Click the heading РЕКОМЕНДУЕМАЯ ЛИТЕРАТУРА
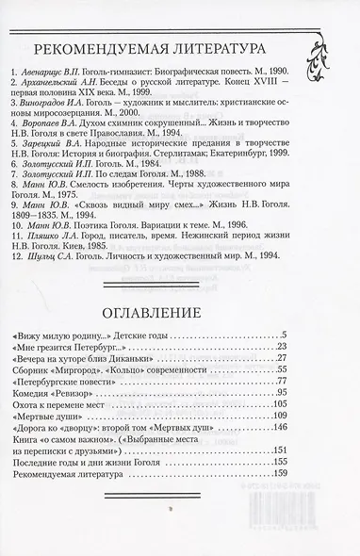[154, 50]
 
